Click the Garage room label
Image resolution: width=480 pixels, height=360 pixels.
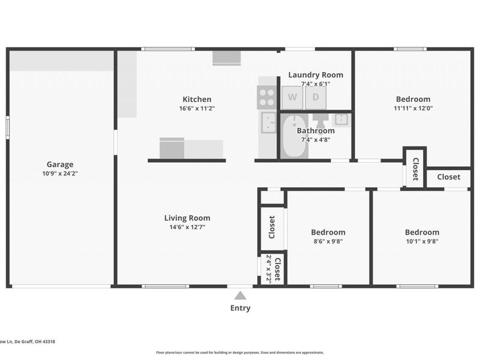pos(60,164)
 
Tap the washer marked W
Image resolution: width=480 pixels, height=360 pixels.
pos(292,97)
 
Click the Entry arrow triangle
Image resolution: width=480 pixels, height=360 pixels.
pos(240,295)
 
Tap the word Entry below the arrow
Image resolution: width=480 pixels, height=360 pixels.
pos(240,308)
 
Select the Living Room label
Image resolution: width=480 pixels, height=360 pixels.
pos(187,218)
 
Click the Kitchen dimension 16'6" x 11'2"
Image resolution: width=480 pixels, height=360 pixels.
pos(197,109)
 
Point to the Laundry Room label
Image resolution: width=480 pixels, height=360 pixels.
pos(316,75)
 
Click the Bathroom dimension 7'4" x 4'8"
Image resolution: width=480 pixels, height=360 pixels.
pos(316,140)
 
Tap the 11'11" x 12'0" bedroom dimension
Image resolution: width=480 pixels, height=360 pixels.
pos(413,109)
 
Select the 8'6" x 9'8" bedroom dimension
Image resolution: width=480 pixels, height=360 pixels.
pos(328,242)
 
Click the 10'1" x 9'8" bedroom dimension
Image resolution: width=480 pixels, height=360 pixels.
pos(422,242)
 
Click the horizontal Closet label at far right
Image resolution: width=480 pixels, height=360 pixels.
pos(448,177)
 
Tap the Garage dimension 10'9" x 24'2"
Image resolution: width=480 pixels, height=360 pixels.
pos(60,174)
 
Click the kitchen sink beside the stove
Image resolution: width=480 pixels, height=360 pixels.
pos(268,122)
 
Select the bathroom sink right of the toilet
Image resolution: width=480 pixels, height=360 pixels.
pos(341,119)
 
